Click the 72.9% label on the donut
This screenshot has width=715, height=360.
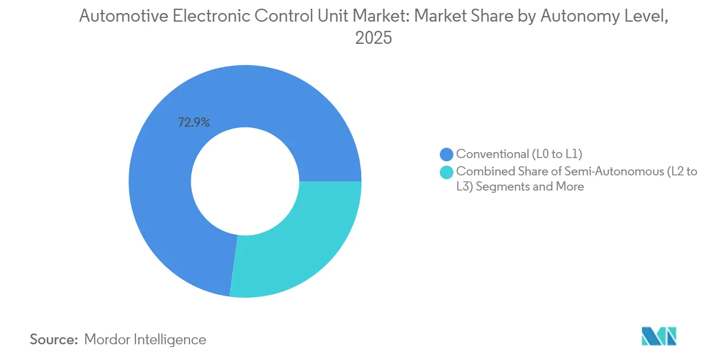[x=193, y=123]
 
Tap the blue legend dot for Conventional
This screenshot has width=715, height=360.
[x=447, y=154]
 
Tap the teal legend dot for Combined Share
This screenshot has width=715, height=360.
[x=447, y=172]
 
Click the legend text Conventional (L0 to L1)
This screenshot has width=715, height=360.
[x=519, y=154]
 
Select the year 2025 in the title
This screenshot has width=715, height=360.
[x=373, y=38]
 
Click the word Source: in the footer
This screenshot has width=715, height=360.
[x=54, y=340]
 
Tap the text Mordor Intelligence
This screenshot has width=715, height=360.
[x=145, y=340]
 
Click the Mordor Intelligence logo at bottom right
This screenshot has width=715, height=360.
[x=659, y=336]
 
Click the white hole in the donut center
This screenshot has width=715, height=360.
[x=245, y=181]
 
